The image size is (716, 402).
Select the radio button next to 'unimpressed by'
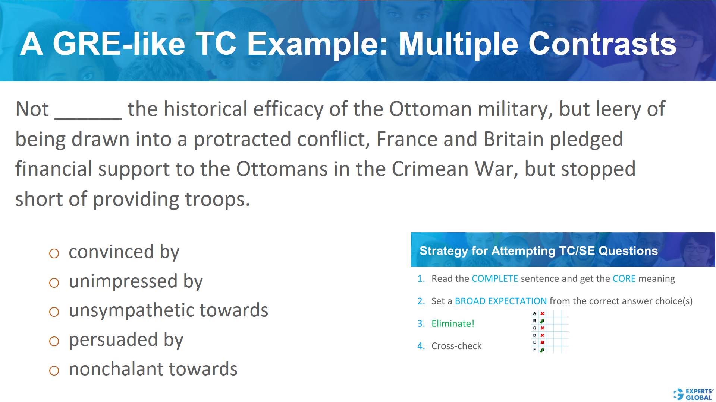click(54, 283)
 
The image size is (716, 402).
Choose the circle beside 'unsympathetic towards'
click(54, 312)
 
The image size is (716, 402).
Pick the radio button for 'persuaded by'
click(54, 341)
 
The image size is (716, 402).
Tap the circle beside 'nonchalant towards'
click(54, 371)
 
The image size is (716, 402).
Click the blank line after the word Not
click(88, 114)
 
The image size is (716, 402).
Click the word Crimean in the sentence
click(430, 169)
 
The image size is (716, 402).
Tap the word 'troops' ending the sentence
click(215, 200)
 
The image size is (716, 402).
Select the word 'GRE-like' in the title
click(119, 44)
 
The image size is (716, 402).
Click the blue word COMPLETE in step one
click(494, 279)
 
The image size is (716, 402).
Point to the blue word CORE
click(624, 279)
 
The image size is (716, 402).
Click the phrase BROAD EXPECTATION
click(500, 301)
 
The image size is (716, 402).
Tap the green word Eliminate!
click(453, 323)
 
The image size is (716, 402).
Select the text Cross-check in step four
click(456, 346)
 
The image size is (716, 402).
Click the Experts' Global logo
click(693, 394)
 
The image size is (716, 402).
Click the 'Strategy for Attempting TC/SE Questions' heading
click(538, 251)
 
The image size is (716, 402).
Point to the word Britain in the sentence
click(514, 140)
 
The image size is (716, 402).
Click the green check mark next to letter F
click(542, 350)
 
